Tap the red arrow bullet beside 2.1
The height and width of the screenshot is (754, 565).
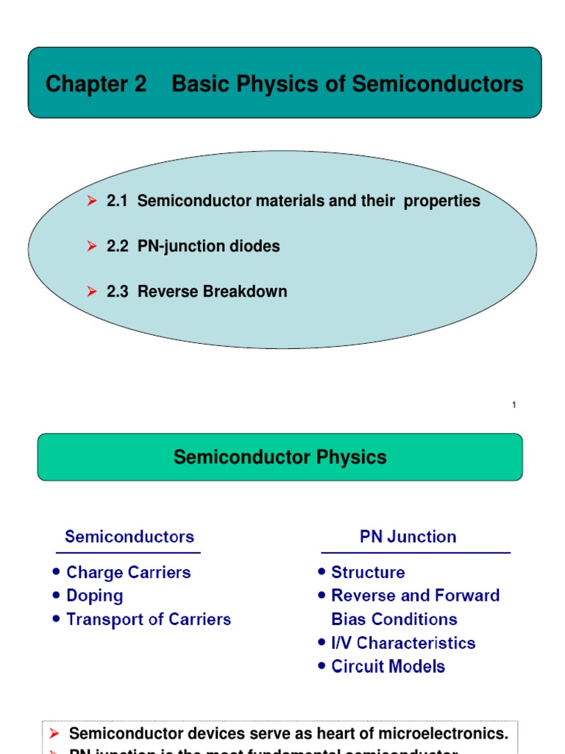coord(92,200)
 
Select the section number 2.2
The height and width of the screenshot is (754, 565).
coord(118,246)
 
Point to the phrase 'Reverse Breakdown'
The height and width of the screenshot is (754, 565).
coord(212,292)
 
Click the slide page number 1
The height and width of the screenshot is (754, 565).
coord(514,405)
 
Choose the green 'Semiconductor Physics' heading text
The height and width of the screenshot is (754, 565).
coord(280,457)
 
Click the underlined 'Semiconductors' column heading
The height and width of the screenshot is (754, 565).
coord(129,537)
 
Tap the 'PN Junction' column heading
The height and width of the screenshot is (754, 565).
coord(408,537)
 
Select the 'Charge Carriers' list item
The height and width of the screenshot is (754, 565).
coord(128,572)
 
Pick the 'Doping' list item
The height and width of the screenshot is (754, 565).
coord(94,596)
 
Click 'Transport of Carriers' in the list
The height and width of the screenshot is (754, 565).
coord(148,619)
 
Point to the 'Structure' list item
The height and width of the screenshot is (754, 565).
coord(368,572)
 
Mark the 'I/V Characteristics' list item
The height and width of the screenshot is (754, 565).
coord(403,643)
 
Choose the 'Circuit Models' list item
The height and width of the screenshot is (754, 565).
coord(388,666)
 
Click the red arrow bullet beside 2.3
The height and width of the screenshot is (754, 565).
coord(92,292)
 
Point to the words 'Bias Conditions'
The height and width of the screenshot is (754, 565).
coord(394,619)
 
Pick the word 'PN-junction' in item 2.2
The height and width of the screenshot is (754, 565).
coord(174,246)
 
